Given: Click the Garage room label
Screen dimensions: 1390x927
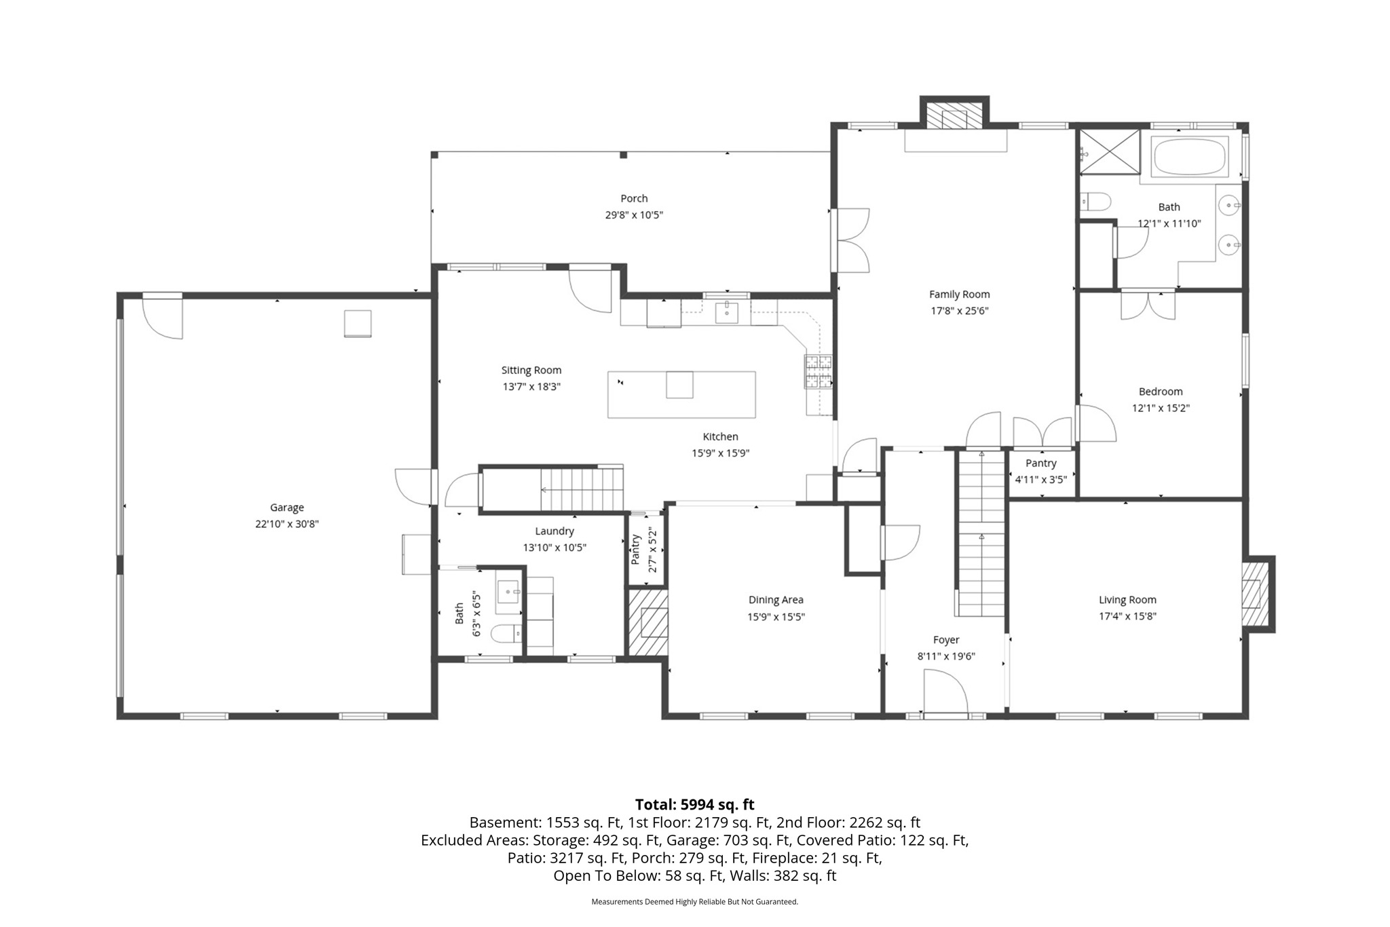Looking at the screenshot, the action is pos(286,507).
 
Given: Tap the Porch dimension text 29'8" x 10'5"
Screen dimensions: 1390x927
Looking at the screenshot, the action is pos(634,215).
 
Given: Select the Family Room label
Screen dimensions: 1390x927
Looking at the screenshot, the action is pos(959,295).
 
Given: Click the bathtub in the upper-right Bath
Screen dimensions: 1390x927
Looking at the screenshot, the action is pos(1189,157).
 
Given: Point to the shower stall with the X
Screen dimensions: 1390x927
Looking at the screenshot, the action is pos(1110,151).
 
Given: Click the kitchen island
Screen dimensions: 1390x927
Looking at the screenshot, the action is pos(681,394).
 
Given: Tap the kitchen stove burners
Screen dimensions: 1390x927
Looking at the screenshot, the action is pos(818,372).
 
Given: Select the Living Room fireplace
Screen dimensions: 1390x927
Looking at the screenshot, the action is pos(1257,594).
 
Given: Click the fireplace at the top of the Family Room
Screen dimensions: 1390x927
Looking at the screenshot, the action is pos(954,113).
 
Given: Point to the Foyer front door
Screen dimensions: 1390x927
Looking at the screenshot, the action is pos(945,692).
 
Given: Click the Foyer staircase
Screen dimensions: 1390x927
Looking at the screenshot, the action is pos(981,533).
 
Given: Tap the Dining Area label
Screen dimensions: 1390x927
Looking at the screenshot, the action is pos(776,600).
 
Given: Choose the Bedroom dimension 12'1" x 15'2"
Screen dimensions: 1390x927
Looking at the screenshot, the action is pos(1161,409).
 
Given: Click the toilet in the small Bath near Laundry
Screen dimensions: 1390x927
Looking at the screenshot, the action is pos(505,634).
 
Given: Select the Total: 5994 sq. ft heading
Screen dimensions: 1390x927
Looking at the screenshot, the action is pos(694,805).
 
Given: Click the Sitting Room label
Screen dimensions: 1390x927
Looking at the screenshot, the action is pos(531,371).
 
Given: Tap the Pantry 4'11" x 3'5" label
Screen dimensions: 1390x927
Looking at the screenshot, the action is pos(1040,471).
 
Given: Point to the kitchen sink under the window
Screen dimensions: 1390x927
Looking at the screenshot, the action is pos(727,313).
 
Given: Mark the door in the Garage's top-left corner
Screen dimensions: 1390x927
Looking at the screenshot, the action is pos(162,316).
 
